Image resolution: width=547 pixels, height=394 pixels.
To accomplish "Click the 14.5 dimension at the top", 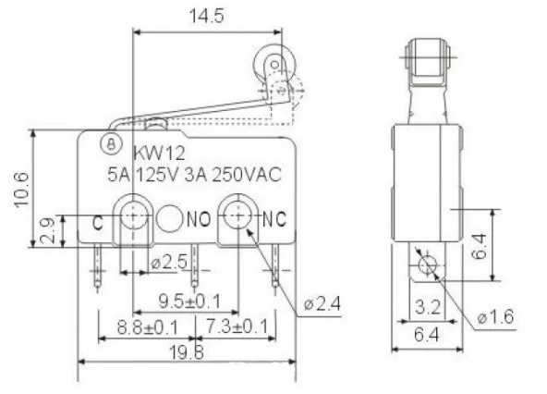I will (x=209, y=16).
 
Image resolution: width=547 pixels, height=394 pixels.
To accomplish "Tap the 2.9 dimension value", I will (x=47, y=230).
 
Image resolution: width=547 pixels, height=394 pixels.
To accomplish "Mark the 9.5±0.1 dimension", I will (x=192, y=300).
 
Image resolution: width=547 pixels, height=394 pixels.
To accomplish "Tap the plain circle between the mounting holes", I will (x=169, y=219).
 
